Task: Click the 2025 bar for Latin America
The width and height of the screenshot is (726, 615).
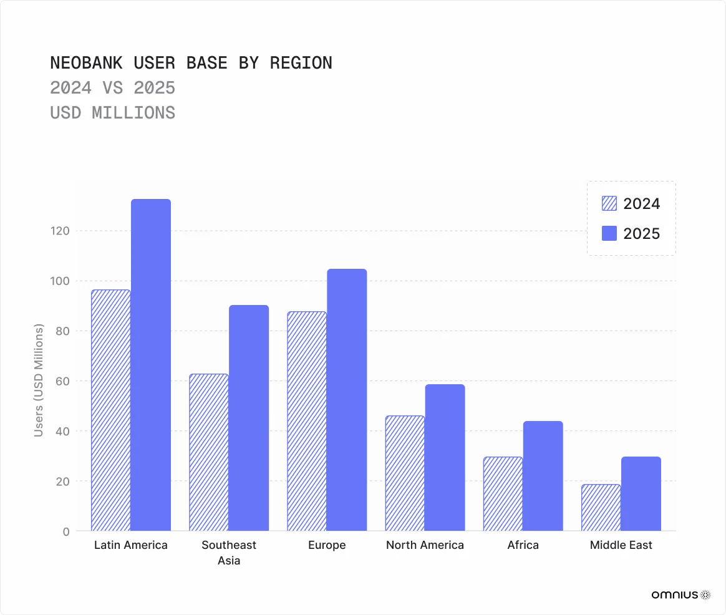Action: click(151, 365)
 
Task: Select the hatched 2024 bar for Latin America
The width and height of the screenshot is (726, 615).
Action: click(111, 410)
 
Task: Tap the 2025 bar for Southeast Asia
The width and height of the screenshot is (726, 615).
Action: click(249, 418)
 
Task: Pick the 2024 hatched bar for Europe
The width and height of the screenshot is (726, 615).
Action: click(307, 421)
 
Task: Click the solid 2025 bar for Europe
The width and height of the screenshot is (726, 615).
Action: click(347, 400)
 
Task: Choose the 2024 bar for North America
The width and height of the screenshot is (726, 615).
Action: click(405, 473)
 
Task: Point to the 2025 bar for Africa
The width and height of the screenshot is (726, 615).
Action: click(543, 476)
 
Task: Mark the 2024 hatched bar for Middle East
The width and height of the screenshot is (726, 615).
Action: click(601, 508)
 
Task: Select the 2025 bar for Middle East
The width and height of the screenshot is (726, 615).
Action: click(641, 494)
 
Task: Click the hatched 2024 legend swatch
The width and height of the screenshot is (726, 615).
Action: click(609, 204)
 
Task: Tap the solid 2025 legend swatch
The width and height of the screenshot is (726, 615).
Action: click(609, 234)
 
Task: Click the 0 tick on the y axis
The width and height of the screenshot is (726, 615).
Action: click(65, 531)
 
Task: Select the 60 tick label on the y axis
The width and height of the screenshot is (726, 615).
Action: click(62, 381)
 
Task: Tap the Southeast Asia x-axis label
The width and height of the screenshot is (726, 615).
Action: click(229, 552)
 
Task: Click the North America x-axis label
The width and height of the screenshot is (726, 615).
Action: click(425, 545)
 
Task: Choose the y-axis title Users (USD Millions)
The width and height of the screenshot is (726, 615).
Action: click(39, 380)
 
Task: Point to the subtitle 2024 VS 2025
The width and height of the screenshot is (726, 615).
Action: click(112, 88)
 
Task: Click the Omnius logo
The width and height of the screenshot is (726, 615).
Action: click(680, 595)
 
